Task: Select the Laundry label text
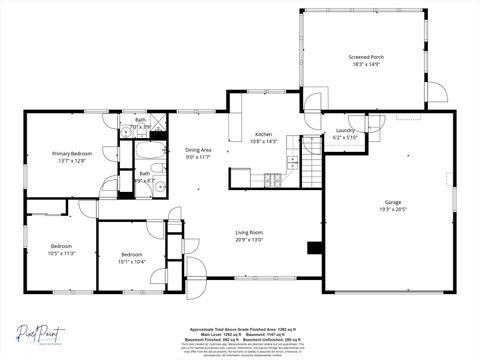[345, 130]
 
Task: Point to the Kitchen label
[263, 134]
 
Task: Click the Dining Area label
[198, 150]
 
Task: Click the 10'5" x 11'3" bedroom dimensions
[48, 253]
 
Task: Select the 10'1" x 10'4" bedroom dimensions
[131, 262]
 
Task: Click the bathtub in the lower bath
[153, 156]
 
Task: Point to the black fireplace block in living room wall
[314, 248]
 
